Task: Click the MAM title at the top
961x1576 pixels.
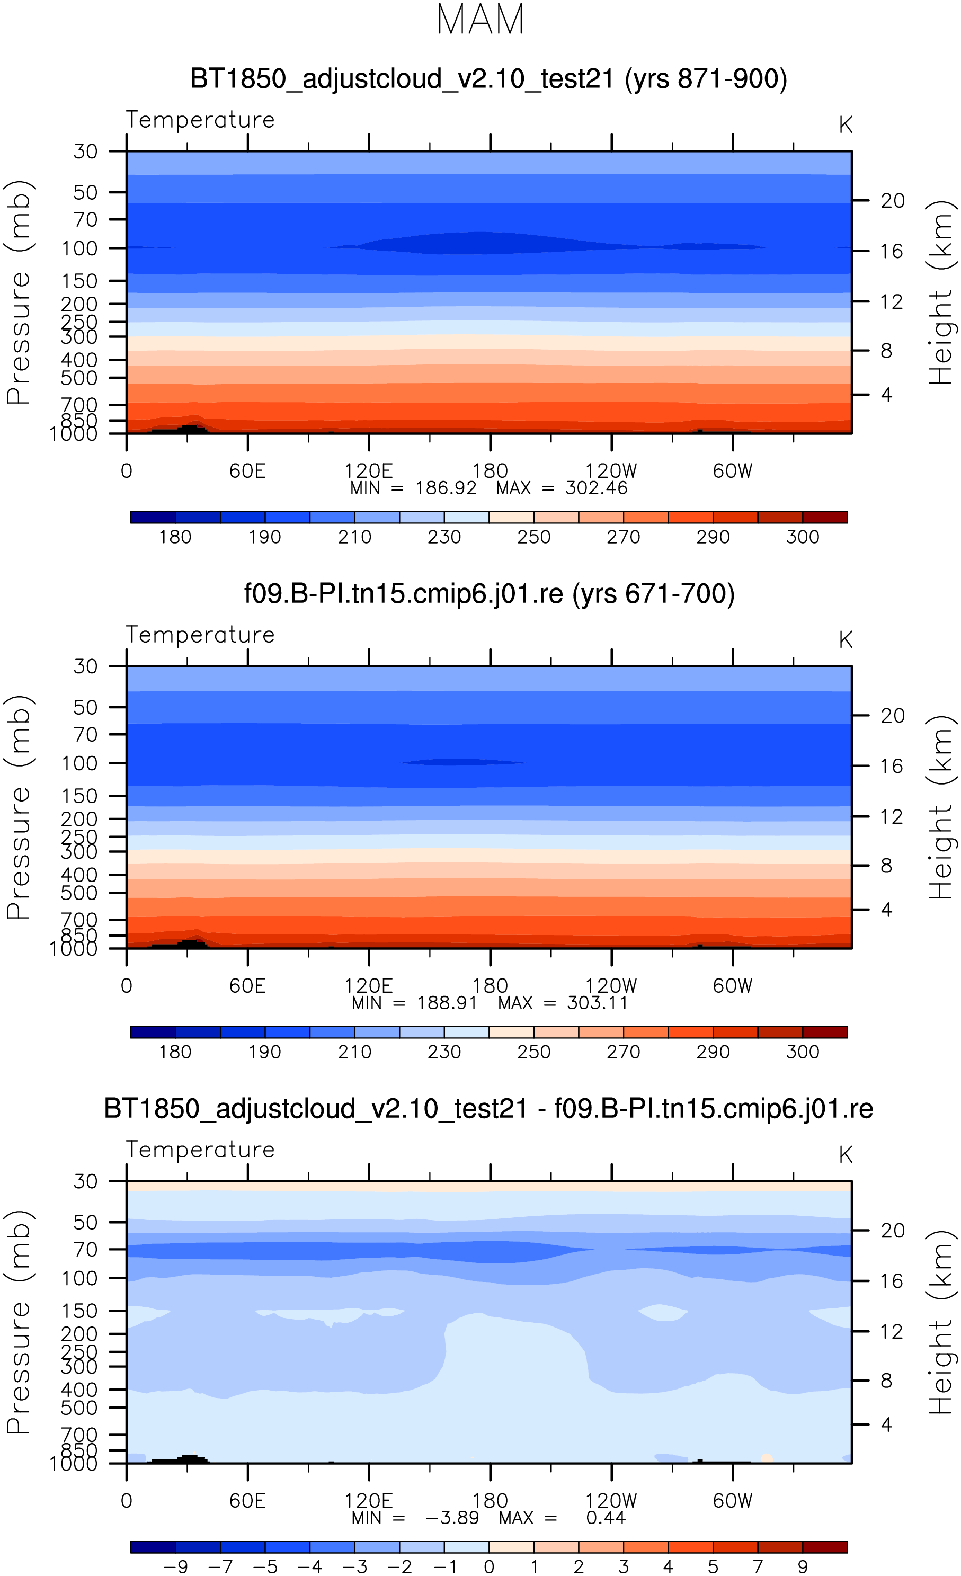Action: pos(480,19)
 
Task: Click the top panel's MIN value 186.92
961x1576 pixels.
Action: pos(446,488)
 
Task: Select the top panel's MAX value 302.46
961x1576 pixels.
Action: pos(597,488)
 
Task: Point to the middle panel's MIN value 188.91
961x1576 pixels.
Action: pos(447,1003)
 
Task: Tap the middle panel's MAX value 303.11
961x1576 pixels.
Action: pos(598,1003)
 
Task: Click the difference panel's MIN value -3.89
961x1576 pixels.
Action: pos(452,1518)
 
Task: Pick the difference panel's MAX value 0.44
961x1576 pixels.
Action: pos(606,1518)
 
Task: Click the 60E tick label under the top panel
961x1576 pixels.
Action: pos(247,471)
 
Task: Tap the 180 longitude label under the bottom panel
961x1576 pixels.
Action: pos(490,1501)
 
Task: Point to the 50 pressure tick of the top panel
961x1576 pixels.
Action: pos(85,192)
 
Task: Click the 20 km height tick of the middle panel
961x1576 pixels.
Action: pos(893,715)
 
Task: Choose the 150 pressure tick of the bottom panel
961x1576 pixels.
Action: pos(79,1311)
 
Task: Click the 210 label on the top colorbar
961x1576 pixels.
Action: pos(354,537)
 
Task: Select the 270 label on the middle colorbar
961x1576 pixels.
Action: pos(623,1052)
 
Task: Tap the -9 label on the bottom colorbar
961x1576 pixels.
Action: pos(175,1566)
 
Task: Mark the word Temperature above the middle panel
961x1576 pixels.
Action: pos(200,635)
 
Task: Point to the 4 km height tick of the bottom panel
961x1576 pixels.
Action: pos(886,1424)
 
